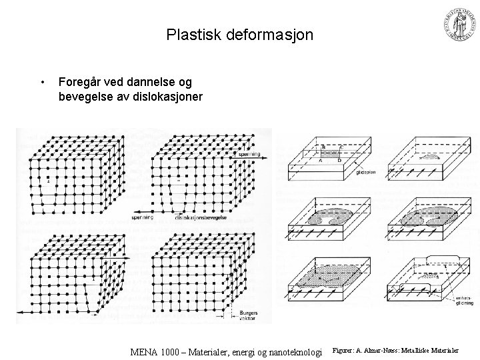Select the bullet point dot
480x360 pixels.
(x=43, y=83)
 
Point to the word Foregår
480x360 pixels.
(x=81, y=82)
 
